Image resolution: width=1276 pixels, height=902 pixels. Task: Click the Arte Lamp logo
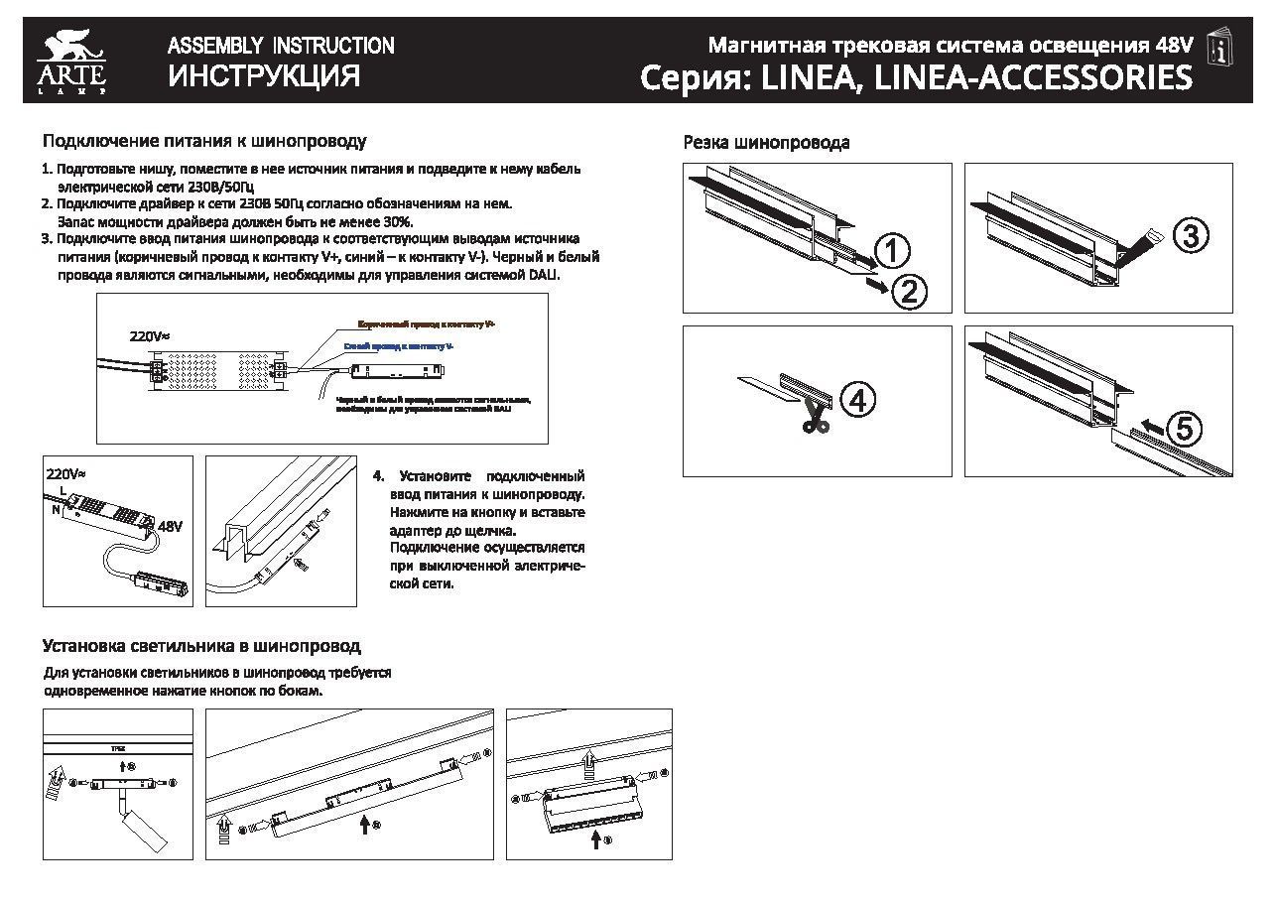(x=70, y=63)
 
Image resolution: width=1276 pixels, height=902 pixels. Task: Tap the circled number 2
(x=910, y=291)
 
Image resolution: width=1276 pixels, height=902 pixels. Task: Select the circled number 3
(x=1191, y=236)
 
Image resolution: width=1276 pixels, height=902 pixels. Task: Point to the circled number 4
(x=858, y=399)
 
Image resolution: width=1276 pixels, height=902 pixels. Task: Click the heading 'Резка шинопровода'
(x=766, y=143)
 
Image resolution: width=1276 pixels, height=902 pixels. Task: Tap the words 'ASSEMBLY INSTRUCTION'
(x=281, y=46)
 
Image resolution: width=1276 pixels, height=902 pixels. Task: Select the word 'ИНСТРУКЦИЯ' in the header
(x=264, y=76)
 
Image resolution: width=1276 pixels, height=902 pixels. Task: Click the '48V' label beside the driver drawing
(x=171, y=526)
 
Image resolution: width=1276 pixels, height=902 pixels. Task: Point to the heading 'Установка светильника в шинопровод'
(x=201, y=646)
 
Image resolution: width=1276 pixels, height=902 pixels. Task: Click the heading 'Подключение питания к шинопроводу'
(x=204, y=142)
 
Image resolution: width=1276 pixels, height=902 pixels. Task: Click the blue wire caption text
(x=399, y=345)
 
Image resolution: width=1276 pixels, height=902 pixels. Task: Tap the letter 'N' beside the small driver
(x=57, y=509)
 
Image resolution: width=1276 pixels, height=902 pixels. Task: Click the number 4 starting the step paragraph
(x=377, y=476)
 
